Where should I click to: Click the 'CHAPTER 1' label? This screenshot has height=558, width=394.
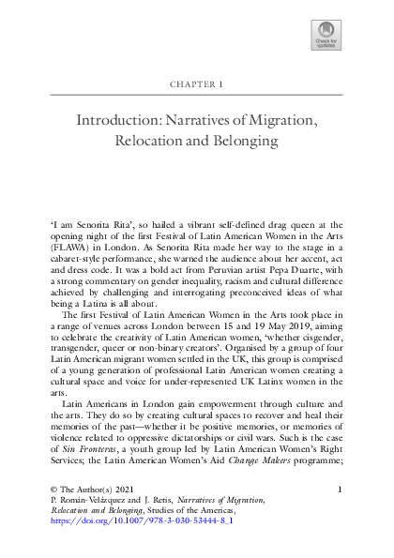point(197,83)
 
